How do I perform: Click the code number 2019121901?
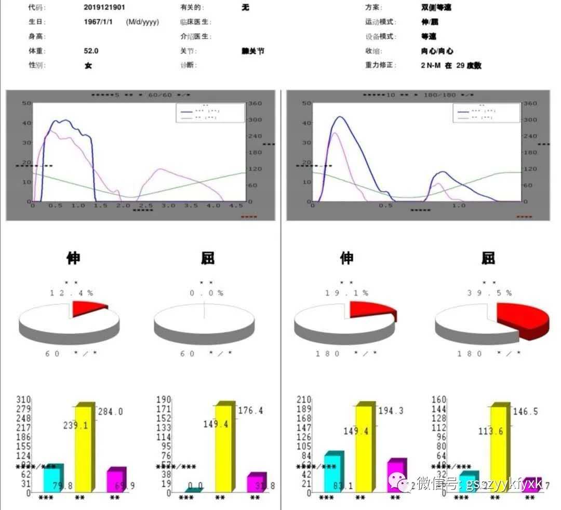click(x=104, y=8)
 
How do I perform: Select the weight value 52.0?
click(x=91, y=51)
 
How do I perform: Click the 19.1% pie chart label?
click(x=347, y=293)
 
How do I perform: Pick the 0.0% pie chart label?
click(x=207, y=293)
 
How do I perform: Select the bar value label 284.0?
click(x=110, y=412)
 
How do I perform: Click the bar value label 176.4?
click(x=250, y=411)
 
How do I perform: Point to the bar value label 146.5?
click(x=526, y=412)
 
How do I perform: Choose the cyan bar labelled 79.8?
click(x=52, y=478)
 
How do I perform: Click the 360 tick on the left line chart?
click(x=254, y=103)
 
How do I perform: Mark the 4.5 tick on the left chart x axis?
click(x=237, y=206)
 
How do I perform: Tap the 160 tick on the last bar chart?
click(x=439, y=400)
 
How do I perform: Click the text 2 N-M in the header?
click(x=430, y=66)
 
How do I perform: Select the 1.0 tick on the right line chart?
click(x=459, y=206)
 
